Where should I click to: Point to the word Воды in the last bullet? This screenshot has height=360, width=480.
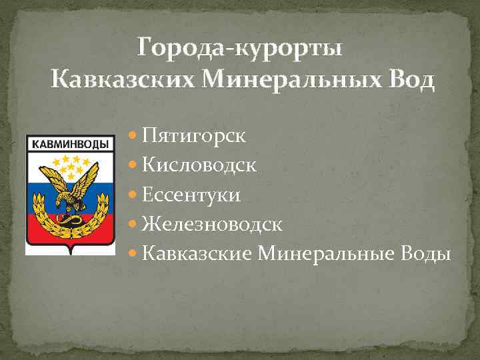pos(427,254)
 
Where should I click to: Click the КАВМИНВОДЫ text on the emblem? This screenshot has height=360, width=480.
pos(66,143)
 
